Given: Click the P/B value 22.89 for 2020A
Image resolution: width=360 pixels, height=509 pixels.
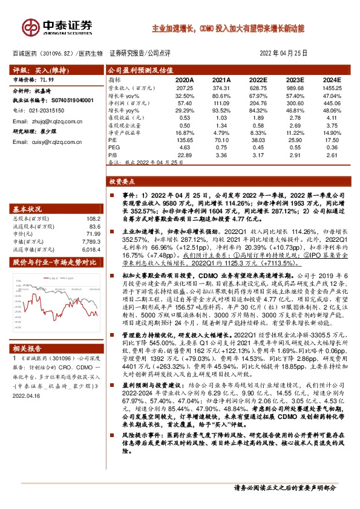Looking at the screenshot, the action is (185, 154).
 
